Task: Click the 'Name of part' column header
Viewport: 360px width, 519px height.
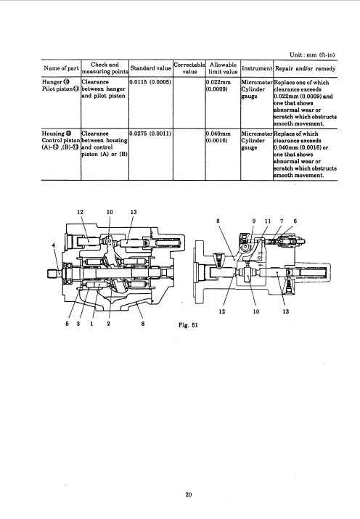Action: [x=61, y=68]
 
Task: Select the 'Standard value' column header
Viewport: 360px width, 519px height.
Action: [x=150, y=68]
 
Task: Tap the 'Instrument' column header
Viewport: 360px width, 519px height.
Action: [x=257, y=68]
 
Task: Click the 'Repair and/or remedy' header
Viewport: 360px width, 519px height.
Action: [x=305, y=68]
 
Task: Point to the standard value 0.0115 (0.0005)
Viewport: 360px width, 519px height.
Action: [x=150, y=82]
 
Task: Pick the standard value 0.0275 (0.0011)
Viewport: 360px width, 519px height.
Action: [x=150, y=134]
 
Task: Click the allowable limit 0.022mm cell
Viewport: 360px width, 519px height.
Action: [x=218, y=86]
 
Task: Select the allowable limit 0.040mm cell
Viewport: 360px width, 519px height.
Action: [x=218, y=137]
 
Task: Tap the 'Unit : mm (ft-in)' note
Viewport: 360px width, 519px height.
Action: [x=312, y=55]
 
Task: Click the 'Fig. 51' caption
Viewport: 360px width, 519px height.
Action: [x=188, y=325]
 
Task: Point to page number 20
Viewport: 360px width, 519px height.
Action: [x=189, y=495]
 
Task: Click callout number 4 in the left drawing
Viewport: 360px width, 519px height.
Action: [x=54, y=245]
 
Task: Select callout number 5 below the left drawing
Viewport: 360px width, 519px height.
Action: [x=67, y=324]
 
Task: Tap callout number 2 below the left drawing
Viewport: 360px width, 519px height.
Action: [x=109, y=324]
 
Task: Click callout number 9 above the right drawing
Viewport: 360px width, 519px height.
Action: [x=254, y=221]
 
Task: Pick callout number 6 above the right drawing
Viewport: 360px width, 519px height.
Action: [x=295, y=221]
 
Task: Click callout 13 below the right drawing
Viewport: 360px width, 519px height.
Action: [x=285, y=311]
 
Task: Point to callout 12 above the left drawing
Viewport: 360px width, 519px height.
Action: [x=80, y=212]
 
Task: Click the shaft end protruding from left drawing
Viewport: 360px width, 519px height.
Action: [x=52, y=273]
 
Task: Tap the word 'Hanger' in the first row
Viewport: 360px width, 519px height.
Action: [x=52, y=82]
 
